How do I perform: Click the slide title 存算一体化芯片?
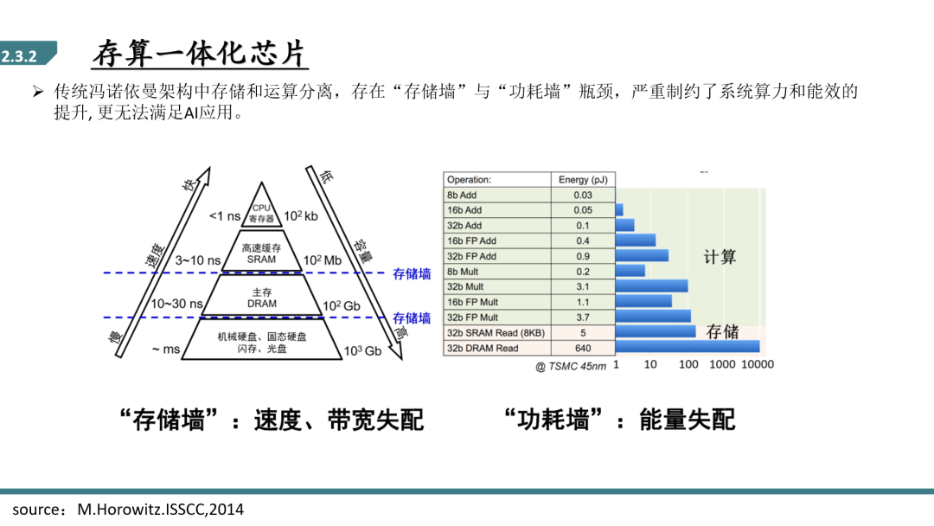200,54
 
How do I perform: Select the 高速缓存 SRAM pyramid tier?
261,253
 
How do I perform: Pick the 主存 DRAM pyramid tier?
261,297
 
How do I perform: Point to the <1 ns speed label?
225,216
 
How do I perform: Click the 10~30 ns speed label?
176,304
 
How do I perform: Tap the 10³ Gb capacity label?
362,351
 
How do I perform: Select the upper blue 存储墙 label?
412,274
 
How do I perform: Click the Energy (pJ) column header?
583,179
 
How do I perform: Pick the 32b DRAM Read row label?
483,348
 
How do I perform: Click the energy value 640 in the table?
583,348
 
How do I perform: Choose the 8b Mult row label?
463,272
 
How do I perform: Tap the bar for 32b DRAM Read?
688,346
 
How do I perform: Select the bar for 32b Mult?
652,286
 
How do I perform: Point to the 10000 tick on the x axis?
757,364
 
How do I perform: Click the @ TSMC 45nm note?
571,366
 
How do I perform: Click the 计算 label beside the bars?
720,257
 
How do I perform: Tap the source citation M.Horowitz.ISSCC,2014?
160,510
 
